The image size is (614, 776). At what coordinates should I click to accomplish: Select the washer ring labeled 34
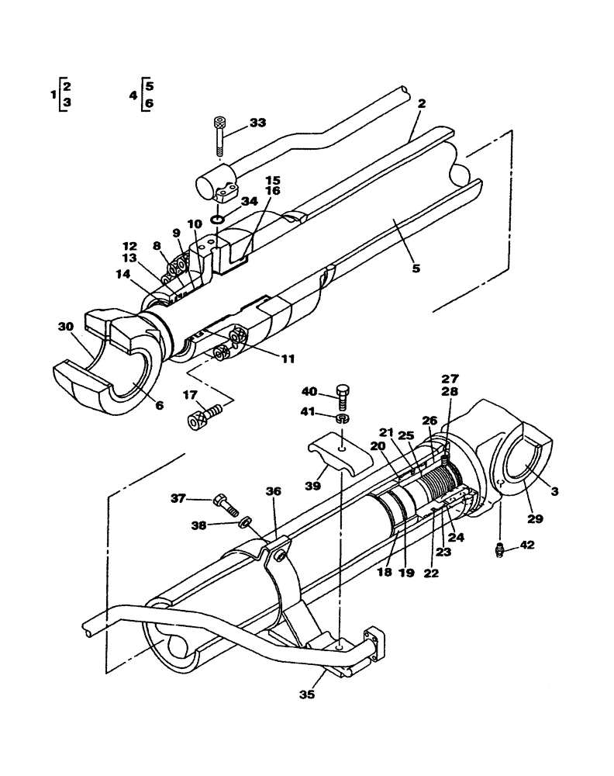click(x=218, y=220)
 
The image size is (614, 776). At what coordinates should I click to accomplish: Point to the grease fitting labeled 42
click(x=501, y=550)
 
